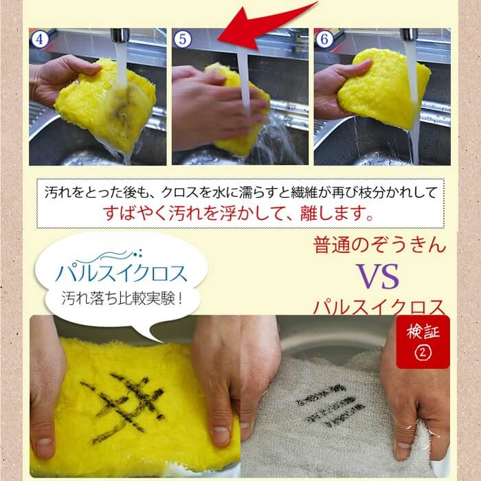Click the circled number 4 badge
pyautogui.click(x=41, y=39)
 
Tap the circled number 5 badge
pyautogui.click(x=183, y=39)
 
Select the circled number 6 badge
pyautogui.click(x=324, y=39)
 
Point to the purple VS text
pyautogui.click(x=379, y=276)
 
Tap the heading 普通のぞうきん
pyautogui.click(x=379, y=244)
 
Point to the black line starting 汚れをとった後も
pyautogui.click(x=240, y=190)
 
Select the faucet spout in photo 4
pyautogui.click(x=119, y=36)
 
